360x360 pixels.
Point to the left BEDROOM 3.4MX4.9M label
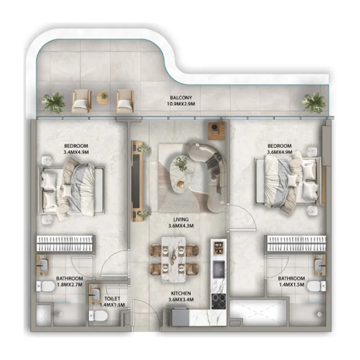(x=76, y=149)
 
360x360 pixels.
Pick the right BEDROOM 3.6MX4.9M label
(x=279, y=149)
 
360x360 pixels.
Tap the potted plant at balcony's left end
(x=53, y=102)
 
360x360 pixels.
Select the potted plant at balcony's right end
(x=314, y=102)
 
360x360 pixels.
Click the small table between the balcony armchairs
(x=103, y=98)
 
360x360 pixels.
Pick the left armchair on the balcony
(x=81, y=101)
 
